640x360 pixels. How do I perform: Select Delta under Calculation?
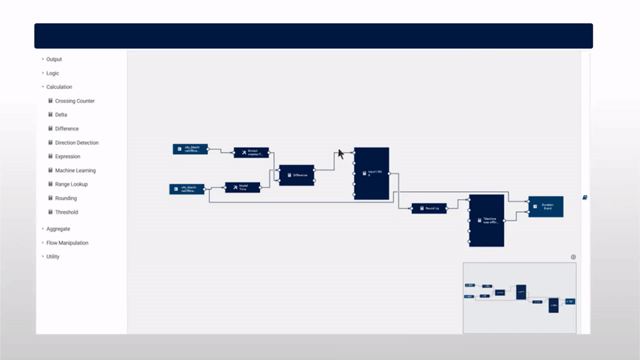(x=61, y=114)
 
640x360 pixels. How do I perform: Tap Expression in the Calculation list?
(x=67, y=156)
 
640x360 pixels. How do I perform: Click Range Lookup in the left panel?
(x=71, y=184)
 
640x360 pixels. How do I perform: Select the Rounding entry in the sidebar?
(x=66, y=198)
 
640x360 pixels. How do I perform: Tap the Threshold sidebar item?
(x=66, y=212)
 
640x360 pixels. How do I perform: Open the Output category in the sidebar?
(x=54, y=59)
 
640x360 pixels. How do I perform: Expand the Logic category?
(x=52, y=73)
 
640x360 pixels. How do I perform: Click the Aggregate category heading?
(x=58, y=229)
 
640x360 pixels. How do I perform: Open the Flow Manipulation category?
(x=67, y=242)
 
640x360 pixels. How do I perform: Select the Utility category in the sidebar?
(x=52, y=257)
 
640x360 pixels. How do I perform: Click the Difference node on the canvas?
(x=296, y=174)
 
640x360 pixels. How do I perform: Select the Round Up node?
(x=429, y=208)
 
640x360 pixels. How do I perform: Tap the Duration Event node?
(x=546, y=206)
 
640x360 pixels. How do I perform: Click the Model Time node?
(x=242, y=187)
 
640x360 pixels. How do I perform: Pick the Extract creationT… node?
(x=251, y=152)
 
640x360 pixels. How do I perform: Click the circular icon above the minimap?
(x=573, y=257)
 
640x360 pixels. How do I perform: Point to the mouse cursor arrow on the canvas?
(x=341, y=153)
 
